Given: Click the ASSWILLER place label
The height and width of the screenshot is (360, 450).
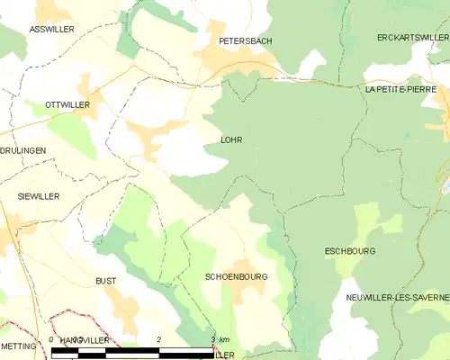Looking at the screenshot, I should (51, 30).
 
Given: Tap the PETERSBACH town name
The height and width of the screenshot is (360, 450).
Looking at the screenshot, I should (246, 41).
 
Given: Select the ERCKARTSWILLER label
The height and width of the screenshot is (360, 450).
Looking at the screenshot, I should (412, 37).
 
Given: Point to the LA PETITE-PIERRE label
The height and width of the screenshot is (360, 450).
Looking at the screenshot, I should (400, 90).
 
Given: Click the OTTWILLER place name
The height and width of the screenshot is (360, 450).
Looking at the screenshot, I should (67, 105).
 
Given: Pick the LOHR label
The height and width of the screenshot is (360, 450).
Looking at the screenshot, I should (231, 140).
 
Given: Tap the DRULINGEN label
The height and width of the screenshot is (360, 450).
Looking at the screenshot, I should (22, 150).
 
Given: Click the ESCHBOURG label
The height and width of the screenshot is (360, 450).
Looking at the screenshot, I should (349, 251).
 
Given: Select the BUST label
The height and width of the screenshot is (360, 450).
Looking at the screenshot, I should (105, 281).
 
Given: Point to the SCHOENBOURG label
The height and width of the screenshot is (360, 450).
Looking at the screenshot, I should (237, 277).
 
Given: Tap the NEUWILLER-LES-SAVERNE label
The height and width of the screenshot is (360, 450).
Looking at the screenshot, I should (397, 297).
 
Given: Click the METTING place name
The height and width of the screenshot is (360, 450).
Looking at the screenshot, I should (18, 346).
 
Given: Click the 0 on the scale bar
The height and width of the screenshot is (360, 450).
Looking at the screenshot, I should (51, 339).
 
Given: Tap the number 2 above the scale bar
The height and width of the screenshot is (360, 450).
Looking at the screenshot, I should (158, 339).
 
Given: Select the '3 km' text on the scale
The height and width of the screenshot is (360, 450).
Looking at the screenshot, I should (219, 339).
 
